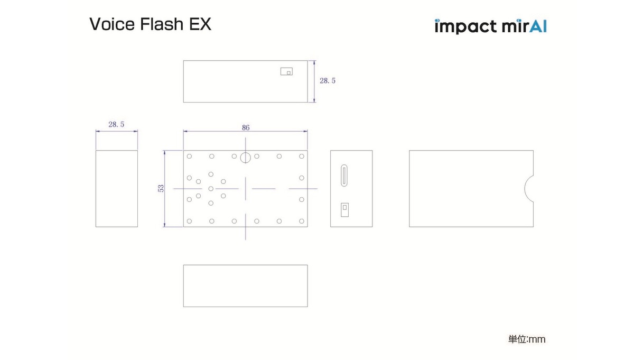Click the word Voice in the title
110,24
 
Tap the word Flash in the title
158,24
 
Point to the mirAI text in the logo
524,26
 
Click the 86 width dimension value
246,127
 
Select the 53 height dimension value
161,188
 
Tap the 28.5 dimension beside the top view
328,81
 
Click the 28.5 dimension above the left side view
116,125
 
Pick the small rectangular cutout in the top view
286,71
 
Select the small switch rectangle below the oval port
344,209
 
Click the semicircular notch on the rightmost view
528,188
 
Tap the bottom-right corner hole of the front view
302,221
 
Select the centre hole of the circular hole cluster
211,188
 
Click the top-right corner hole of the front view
302,156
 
